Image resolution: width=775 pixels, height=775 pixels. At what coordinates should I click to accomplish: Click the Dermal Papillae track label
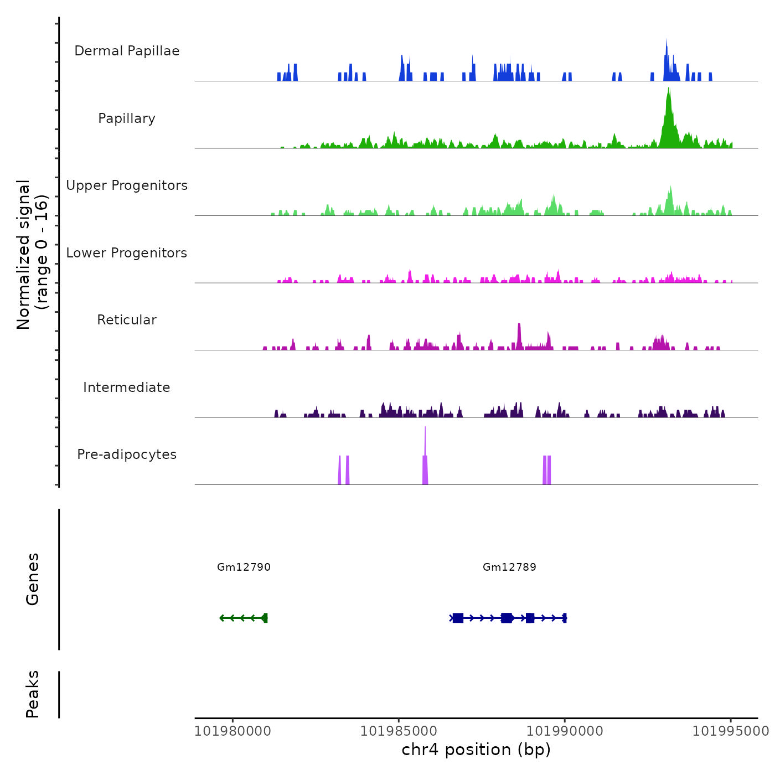coord(127,51)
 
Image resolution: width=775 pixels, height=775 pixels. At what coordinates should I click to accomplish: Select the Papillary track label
coord(127,118)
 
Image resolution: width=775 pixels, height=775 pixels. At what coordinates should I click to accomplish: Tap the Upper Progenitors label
coord(127,185)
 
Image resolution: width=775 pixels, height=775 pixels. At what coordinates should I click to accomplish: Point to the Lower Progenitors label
coord(127,253)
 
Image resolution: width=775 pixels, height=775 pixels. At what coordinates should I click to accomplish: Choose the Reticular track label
coord(127,320)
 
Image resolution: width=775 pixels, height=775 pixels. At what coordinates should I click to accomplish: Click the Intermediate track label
coord(127,387)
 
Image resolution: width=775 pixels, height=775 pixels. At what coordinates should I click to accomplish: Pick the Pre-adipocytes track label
coord(127,454)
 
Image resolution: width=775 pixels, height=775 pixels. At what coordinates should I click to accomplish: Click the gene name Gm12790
coord(244,567)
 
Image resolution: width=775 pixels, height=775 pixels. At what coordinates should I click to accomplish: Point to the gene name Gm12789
coord(509,567)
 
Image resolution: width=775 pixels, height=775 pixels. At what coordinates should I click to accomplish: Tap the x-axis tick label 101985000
coord(399,731)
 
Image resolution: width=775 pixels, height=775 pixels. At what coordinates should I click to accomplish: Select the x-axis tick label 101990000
coord(565,731)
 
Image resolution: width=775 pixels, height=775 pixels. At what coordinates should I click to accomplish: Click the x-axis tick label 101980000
coord(232,731)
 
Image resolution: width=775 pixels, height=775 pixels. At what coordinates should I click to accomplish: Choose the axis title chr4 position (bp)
coord(476,750)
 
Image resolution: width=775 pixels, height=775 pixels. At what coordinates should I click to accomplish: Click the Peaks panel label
coord(33,694)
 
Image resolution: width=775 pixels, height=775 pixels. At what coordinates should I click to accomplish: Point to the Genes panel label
coord(33,579)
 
